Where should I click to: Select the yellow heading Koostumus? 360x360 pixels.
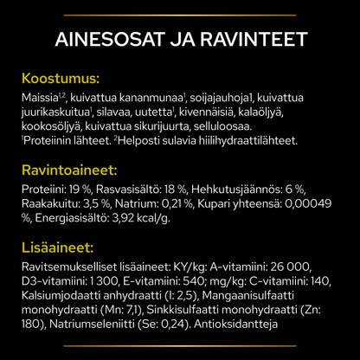(x=61, y=78)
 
